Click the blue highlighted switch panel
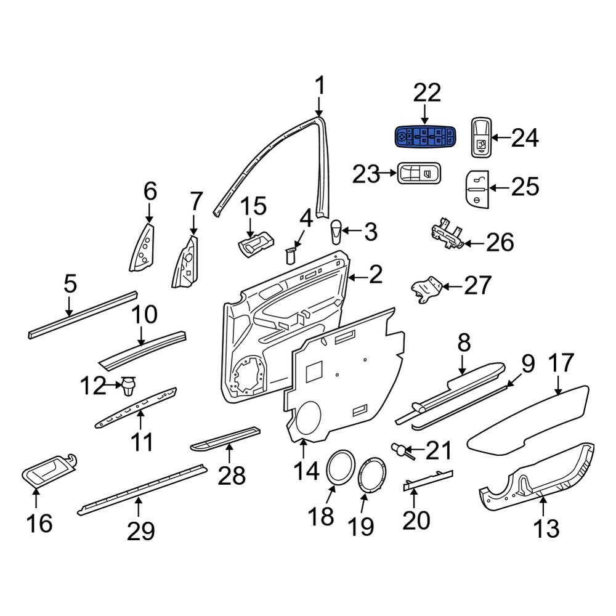(426, 137)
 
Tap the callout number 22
(428, 93)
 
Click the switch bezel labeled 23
(419, 173)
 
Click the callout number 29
(140, 532)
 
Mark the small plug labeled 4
(291, 256)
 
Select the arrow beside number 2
(357, 278)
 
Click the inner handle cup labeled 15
(256, 243)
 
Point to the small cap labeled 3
(336, 232)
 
